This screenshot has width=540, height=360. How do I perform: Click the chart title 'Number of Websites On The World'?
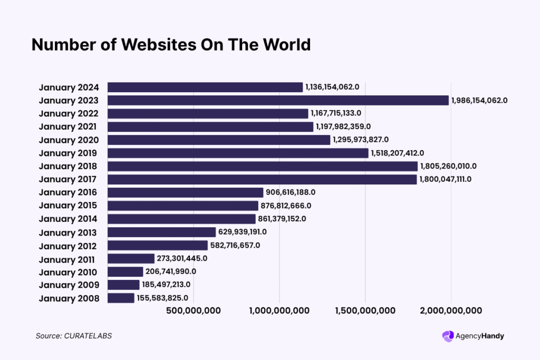pyautogui.click(x=171, y=45)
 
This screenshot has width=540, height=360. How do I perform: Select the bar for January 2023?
pyautogui.click(x=278, y=100)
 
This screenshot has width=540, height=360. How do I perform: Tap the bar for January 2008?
pyautogui.click(x=121, y=298)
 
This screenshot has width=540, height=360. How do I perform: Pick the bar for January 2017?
pyautogui.click(x=262, y=179)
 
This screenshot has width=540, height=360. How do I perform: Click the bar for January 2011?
pyautogui.click(x=131, y=258)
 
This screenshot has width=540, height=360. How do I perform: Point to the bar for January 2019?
pyautogui.click(x=238, y=153)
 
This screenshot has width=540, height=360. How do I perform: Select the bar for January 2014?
pyautogui.click(x=181, y=219)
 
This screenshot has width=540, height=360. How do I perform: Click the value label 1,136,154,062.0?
pyautogui.click(x=332, y=87)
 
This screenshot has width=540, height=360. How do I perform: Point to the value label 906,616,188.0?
pyautogui.click(x=291, y=192)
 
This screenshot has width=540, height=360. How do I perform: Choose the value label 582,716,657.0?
pyautogui.click(x=235, y=246)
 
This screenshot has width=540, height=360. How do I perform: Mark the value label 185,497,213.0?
pyautogui.click(x=166, y=285)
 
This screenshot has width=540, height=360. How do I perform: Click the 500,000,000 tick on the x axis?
pyautogui.click(x=193, y=311)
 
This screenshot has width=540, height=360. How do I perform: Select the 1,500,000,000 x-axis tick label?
pyautogui.click(x=365, y=311)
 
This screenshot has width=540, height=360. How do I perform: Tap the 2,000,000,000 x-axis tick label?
pyautogui.click(x=451, y=311)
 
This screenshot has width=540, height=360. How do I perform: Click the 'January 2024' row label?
pyautogui.click(x=69, y=87)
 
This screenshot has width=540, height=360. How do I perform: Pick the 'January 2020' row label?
pyautogui.click(x=69, y=140)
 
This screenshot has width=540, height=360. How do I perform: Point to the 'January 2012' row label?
pyautogui.click(x=69, y=246)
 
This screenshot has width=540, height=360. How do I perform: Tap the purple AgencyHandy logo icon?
pyautogui.click(x=448, y=336)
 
